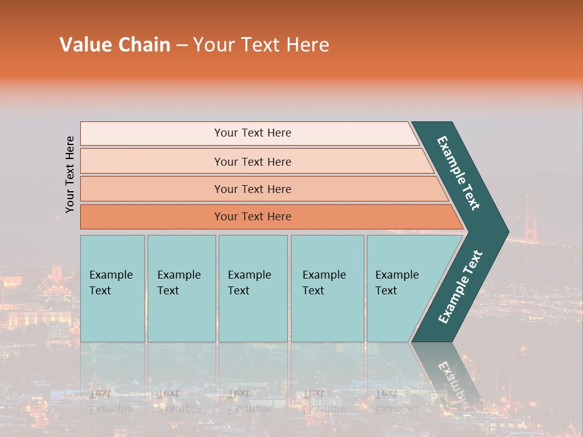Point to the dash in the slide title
pos(182,46)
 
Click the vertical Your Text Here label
pos(70,174)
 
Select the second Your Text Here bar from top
pos(253,161)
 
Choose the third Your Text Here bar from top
pos(253,189)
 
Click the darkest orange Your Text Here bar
pos(253,217)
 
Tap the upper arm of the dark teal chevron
pos(459,173)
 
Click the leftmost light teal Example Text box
pos(112,288)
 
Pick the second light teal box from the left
pos(182,288)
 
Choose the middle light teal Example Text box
pos(253,288)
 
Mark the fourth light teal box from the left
pos(327,288)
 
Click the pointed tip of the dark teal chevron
pos(505,231)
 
